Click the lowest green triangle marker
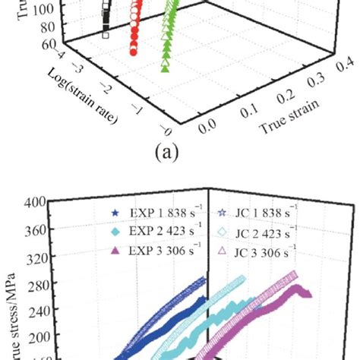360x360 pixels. (166, 68)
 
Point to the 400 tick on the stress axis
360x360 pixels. (33, 202)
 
